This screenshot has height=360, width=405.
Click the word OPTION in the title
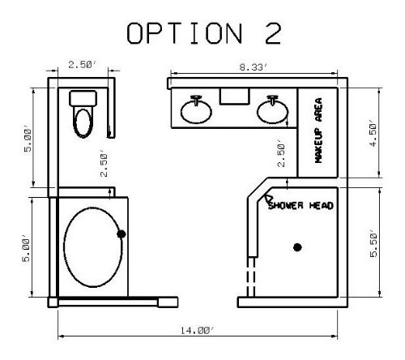(185, 33)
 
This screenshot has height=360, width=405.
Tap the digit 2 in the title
(273, 33)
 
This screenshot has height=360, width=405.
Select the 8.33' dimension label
(254, 67)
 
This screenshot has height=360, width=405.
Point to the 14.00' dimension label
(198, 330)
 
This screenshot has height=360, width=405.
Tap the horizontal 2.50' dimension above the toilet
(82, 65)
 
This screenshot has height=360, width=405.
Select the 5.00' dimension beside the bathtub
(27, 251)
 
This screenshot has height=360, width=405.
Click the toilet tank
(83, 99)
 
